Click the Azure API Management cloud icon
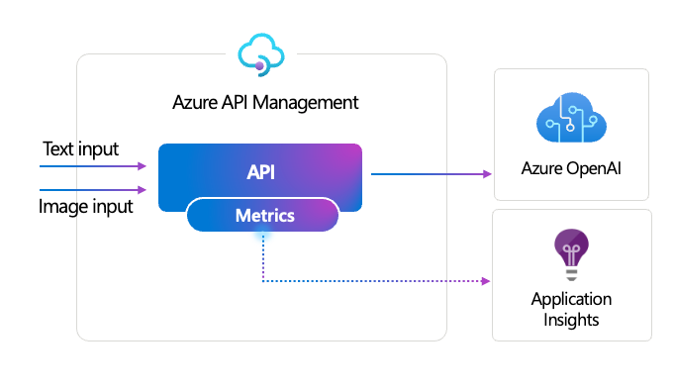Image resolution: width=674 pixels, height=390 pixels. (261, 53)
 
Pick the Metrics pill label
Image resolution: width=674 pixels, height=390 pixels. (262, 215)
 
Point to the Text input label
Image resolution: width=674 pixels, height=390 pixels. (80, 149)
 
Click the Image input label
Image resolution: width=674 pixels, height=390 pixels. (85, 207)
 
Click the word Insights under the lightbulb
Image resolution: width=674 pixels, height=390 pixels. (571, 319)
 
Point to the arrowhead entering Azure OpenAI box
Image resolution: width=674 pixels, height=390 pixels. (487, 173)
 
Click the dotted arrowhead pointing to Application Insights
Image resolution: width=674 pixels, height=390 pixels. (486, 282)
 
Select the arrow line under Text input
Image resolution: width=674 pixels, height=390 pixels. (89, 166)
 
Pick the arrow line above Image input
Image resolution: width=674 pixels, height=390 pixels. (89, 190)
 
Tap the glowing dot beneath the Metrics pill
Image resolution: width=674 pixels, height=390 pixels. (262, 235)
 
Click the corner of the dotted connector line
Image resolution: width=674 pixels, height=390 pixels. (262, 282)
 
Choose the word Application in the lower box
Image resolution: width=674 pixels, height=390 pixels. (571, 299)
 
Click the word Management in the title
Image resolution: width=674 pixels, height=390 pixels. (311, 102)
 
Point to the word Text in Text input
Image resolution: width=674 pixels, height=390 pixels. (57, 149)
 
